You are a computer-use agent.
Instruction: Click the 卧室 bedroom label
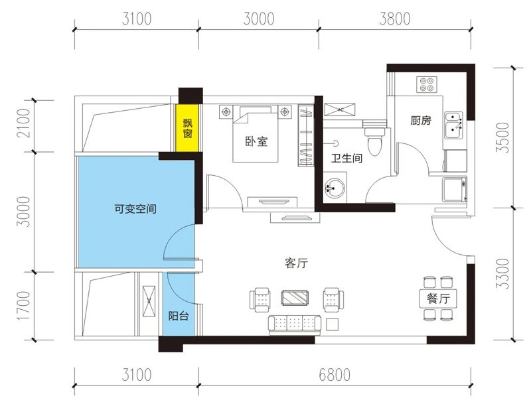pos(256,141)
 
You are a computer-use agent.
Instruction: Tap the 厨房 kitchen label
pos(421,121)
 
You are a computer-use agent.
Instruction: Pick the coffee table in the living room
pos(296,298)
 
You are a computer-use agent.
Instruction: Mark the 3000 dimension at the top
pos(258,19)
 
